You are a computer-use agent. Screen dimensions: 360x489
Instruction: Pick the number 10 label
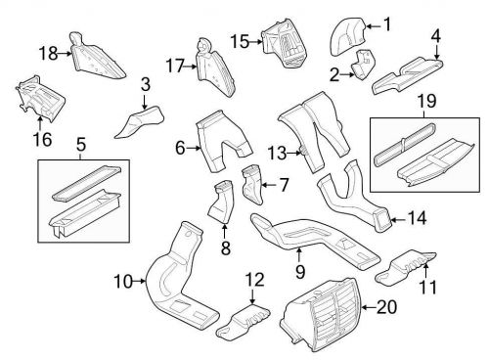tap(122, 283)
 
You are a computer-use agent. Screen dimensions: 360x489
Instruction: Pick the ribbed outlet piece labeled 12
tap(247, 318)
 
